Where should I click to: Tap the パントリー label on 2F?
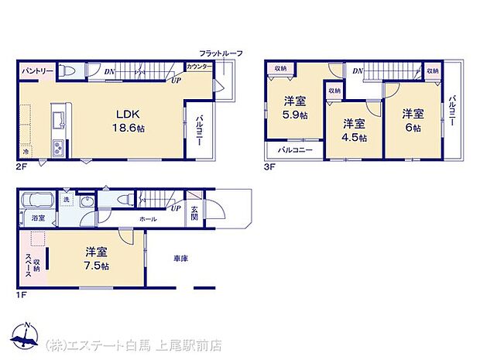point(37,71)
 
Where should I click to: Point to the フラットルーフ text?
point(221,53)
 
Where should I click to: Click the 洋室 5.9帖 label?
point(295,107)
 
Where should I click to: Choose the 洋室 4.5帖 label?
point(355,130)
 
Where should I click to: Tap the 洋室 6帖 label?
point(411,120)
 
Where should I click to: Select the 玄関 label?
point(194,213)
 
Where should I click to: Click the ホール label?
point(149,219)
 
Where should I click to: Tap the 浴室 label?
point(38,219)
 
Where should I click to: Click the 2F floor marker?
point(22,165)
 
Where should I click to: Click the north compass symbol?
point(27,335)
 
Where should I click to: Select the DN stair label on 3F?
point(357,71)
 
